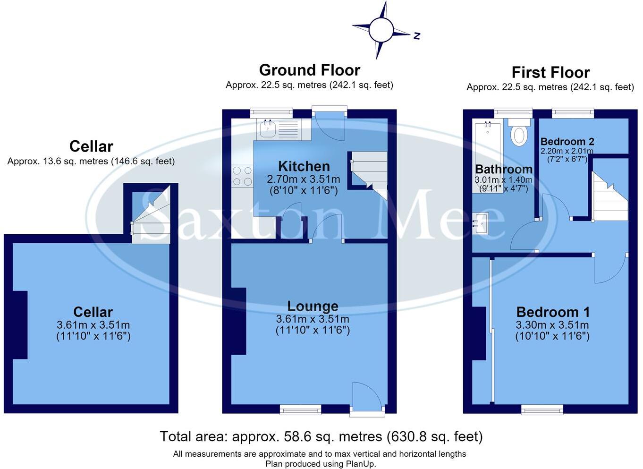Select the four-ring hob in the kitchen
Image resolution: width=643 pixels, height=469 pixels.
pyautogui.click(x=242, y=176)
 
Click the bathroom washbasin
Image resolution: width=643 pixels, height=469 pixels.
pyautogui.click(x=481, y=223)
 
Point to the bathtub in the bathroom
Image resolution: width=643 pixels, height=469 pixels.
pyautogui.click(x=488, y=157)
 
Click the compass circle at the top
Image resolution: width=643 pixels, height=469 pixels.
pyautogui.click(x=381, y=30)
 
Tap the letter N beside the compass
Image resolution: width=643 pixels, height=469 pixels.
pyautogui.click(x=417, y=35)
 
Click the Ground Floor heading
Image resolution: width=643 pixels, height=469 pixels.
pyautogui.click(x=309, y=70)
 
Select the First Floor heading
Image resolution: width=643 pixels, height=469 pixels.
pyautogui.click(x=550, y=72)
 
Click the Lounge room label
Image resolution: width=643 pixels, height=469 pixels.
pyautogui.click(x=313, y=306)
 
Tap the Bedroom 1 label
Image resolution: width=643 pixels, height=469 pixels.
pyautogui.click(x=553, y=312)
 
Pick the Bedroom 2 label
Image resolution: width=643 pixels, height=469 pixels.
pyautogui.click(x=567, y=142)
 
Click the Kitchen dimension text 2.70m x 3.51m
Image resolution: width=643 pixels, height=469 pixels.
pyautogui.click(x=304, y=179)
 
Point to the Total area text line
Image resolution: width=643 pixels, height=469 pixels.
pyautogui.click(x=321, y=436)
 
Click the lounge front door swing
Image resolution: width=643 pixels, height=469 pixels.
pyautogui.click(x=367, y=394)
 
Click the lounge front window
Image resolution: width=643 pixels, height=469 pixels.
pyautogui.click(x=301, y=410)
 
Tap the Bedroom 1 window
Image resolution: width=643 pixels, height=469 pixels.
pyautogui.click(x=542, y=410)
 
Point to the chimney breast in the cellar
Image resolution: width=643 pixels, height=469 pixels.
pyautogui.click(x=20, y=325)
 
